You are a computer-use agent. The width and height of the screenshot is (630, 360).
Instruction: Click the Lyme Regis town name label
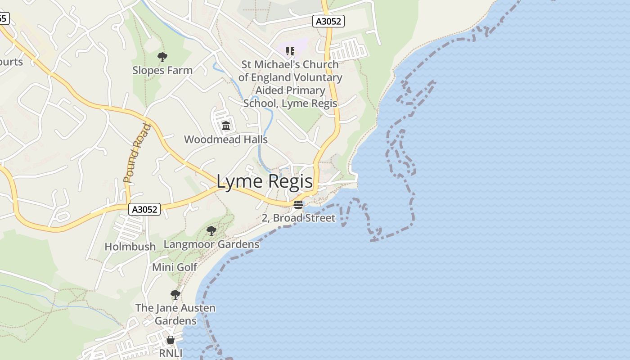(265, 181)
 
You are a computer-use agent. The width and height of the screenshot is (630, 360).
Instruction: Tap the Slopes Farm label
(162, 70)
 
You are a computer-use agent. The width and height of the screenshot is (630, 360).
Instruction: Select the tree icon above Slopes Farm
(162, 57)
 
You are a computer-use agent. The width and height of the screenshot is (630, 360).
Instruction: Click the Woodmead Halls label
(226, 139)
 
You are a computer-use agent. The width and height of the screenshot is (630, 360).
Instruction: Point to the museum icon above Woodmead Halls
(226, 126)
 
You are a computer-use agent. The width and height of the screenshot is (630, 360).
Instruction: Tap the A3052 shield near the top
(328, 21)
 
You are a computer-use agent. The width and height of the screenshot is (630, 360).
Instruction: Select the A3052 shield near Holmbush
(144, 209)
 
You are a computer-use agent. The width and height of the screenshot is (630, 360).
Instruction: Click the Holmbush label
(130, 246)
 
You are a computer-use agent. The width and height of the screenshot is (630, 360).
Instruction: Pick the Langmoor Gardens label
(211, 244)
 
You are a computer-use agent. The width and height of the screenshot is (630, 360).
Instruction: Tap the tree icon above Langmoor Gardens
(211, 231)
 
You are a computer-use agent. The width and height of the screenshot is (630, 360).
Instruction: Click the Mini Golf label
(175, 267)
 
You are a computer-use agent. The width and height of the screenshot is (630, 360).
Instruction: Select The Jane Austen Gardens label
(175, 314)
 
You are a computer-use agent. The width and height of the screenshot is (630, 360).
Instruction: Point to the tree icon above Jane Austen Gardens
(175, 295)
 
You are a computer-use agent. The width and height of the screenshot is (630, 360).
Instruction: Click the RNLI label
(171, 353)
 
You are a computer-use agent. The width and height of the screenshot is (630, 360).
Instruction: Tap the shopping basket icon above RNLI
(171, 340)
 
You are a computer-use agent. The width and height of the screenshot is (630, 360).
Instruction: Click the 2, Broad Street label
(298, 218)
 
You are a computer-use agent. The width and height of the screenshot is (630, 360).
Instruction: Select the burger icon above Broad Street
(298, 205)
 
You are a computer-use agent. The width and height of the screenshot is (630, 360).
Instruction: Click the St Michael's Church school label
(290, 84)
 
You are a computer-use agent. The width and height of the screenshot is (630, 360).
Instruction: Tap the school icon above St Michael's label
(290, 51)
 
